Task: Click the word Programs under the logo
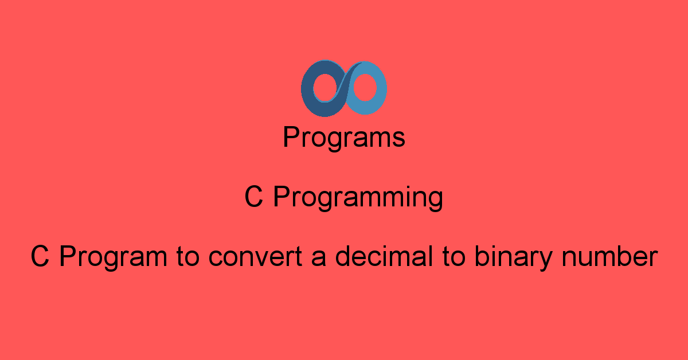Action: pyautogui.click(x=344, y=138)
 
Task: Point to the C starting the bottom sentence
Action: pyautogui.click(x=40, y=257)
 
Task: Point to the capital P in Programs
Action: pyautogui.click(x=290, y=138)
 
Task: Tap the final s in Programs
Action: pyautogui.click(x=399, y=140)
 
